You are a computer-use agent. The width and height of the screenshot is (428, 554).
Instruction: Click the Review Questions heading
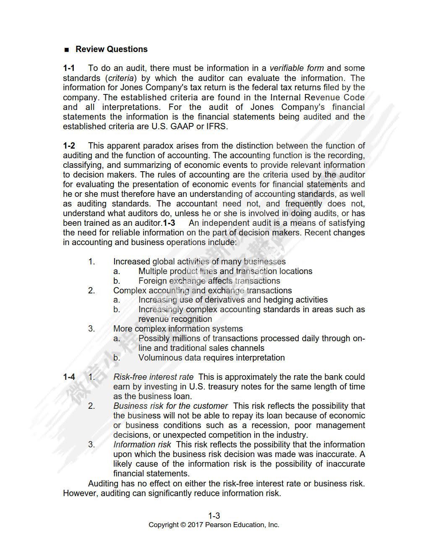tap(111, 49)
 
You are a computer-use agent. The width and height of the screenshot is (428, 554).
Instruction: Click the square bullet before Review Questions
tap(66, 50)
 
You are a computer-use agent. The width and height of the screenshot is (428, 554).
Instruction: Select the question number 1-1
tap(69, 68)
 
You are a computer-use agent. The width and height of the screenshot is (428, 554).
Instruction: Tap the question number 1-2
tap(69, 146)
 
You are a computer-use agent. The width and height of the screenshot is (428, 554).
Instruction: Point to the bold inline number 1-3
tap(169, 223)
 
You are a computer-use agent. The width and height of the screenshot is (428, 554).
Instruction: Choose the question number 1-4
tap(69, 377)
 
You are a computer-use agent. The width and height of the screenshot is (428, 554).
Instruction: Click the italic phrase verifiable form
tap(296, 68)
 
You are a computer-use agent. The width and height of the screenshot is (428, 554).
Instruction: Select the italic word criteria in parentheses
tap(121, 78)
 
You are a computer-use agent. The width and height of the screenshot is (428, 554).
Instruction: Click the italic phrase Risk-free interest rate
tap(153, 377)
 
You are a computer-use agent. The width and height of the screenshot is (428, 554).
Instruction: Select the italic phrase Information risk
tap(142, 444)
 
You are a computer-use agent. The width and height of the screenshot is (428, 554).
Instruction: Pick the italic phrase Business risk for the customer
tap(170, 406)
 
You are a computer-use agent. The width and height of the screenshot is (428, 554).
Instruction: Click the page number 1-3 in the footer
tap(214, 516)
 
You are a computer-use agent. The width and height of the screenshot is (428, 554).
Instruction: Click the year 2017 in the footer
tap(195, 525)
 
